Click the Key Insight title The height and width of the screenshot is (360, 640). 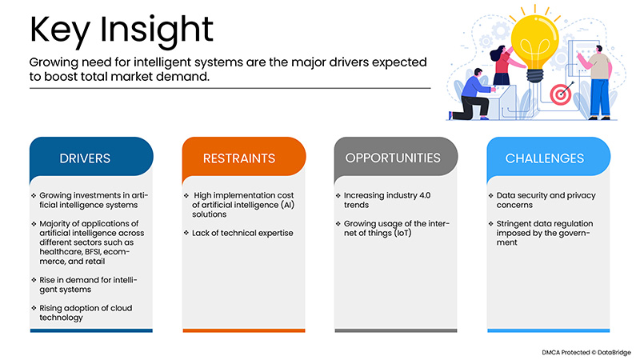pos(122,30)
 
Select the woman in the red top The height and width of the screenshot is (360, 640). pos(502,65)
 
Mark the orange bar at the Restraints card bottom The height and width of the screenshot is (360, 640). pos(243,329)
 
